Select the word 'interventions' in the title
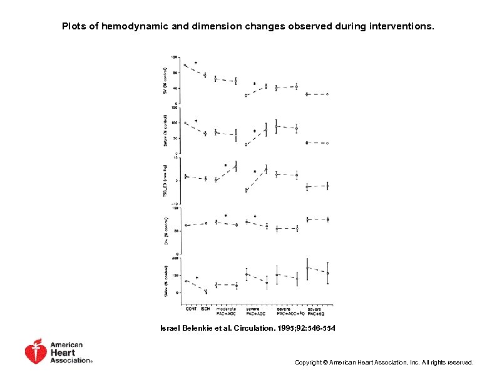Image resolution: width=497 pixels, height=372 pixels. [x=401, y=27]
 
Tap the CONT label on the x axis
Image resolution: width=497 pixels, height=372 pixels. [x=190, y=308]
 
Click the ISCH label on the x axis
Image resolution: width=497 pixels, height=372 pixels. [x=205, y=308]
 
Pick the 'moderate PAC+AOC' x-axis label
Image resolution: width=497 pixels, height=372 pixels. [x=226, y=311]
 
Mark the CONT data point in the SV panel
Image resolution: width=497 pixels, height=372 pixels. [x=185, y=65]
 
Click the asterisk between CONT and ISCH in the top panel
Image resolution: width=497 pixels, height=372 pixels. [x=195, y=63]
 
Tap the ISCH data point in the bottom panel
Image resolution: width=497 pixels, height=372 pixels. [x=205, y=291]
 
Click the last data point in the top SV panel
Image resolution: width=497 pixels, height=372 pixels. [x=327, y=94]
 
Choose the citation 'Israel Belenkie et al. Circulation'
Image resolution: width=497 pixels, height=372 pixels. [x=248, y=328]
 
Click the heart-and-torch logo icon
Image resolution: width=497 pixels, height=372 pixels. [x=36, y=352]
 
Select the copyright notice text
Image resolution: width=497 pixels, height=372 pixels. [x=384, y=363]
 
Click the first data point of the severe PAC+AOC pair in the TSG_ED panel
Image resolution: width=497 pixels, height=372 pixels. [x=247, y=190]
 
